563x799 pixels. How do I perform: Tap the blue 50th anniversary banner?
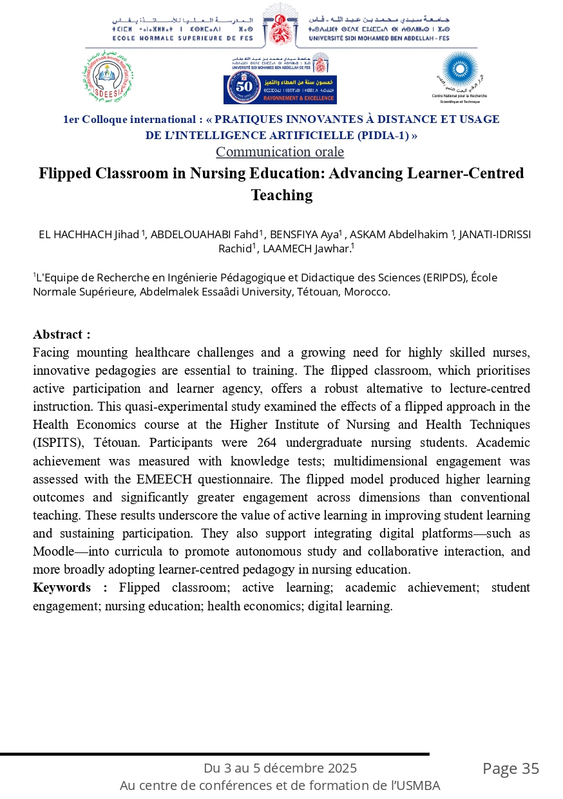(x=280, y=89)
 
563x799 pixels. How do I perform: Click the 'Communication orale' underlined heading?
(x=280, y=152)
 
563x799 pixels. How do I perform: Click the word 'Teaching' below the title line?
(x=281, y=195)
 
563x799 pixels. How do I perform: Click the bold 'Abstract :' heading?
(x=62, y=334)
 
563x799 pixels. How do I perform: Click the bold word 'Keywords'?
(x=62, y=587)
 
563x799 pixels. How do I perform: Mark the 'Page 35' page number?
(x=511, y=769)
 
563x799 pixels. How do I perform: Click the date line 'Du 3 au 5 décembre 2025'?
(x=280, y=768)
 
